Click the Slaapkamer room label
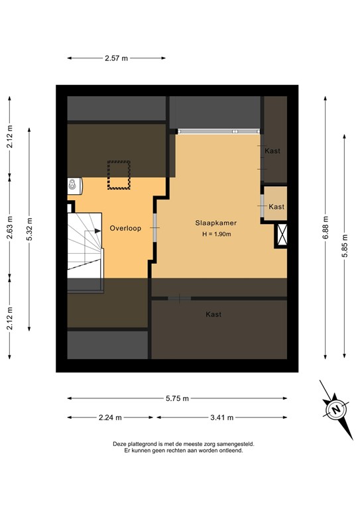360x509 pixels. coord(216,223)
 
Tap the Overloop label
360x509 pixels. coord(124,228)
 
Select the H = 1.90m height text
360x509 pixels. coord(216,235)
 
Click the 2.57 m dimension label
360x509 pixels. coord(116,58)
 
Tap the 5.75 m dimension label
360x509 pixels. coord(177,398)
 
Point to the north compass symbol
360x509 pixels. coord(336,408)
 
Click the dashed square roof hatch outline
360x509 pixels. coord(119,175)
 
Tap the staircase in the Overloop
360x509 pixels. coord(84,250)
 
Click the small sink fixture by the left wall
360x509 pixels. coord(72,185)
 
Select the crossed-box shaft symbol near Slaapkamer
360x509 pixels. coord(282,235)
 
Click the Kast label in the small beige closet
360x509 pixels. coord(276,207)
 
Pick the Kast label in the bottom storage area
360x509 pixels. coord(213,314)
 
